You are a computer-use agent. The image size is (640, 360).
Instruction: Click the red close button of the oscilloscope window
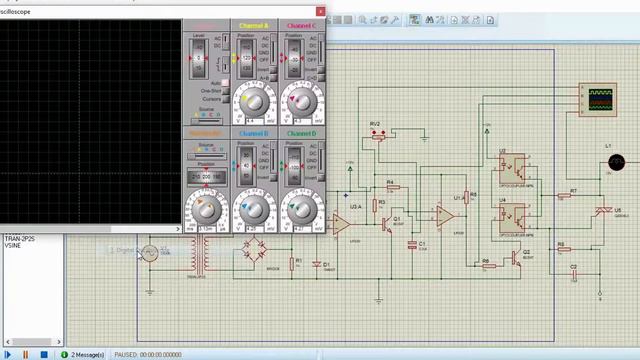(321, 11)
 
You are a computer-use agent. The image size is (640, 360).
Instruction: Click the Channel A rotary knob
(254, 102)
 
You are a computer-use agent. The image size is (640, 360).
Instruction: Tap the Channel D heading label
(301, 133)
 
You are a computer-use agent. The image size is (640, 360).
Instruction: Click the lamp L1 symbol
(616, 162)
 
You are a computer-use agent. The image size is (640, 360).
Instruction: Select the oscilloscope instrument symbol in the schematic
(597, 98)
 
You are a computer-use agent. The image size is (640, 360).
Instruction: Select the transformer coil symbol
(208, 256)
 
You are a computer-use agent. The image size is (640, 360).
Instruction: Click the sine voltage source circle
(149, 254)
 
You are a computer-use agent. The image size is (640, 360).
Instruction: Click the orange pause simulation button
(29, 354)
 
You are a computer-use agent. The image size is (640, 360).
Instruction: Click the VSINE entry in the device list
(13, 245)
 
